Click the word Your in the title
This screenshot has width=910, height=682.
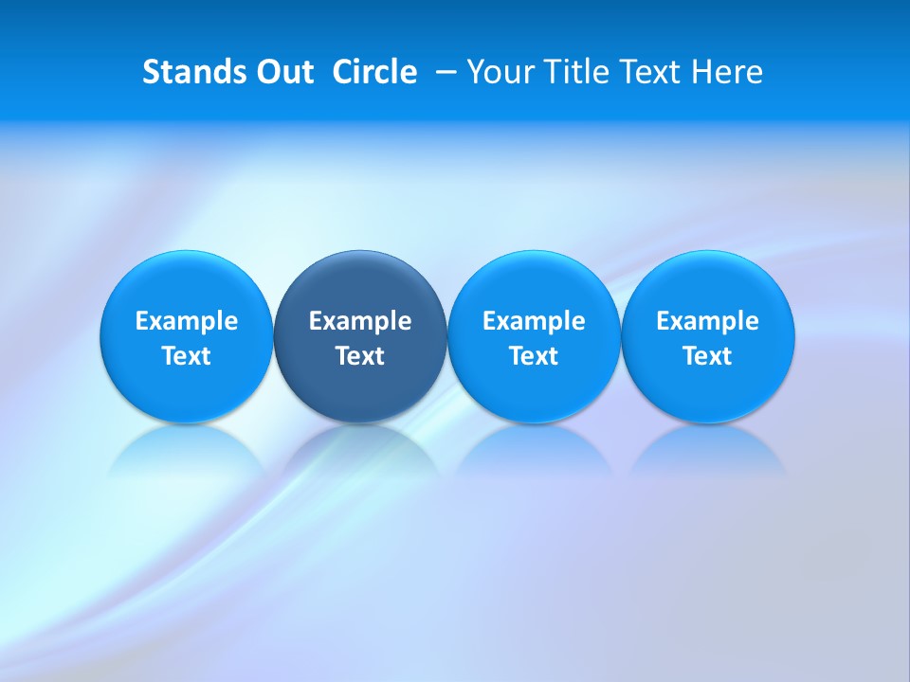point(499,72)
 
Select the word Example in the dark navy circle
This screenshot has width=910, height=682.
point(360,321)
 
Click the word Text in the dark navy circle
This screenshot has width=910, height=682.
point(360,356)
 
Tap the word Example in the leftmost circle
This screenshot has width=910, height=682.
point(187,321)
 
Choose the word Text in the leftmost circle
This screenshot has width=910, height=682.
point(187,356)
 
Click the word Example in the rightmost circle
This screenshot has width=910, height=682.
point(707,321)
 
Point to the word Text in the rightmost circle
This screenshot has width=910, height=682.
point(707,356)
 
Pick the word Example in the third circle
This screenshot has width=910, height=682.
point(534,321)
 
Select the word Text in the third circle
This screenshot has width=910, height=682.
point(534,356)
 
